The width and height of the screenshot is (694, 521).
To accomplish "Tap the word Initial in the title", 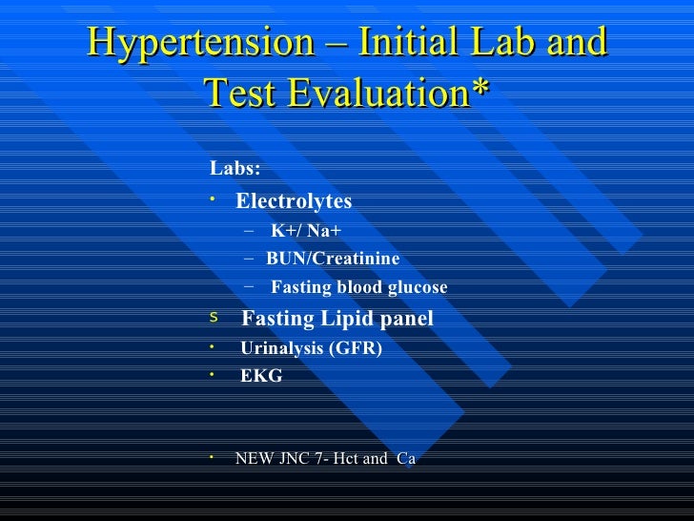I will click(402, 44).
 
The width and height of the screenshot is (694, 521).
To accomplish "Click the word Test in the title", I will click(246, 93).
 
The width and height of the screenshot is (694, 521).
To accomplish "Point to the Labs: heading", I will click(235, 169).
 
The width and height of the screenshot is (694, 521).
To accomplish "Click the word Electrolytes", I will click(294, 201).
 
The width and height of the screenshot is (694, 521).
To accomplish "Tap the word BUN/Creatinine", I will click(333, 259).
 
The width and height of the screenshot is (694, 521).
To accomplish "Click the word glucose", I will click(417, 288).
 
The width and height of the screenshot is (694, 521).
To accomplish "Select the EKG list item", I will click(261, 376).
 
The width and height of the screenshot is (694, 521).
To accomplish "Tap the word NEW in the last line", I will click(253, 458).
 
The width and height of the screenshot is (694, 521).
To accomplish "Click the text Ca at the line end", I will click(406, 458).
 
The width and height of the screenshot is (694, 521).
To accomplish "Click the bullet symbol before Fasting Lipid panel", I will click(214, 316).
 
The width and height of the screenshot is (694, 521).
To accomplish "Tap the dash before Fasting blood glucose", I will click(250, 286).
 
